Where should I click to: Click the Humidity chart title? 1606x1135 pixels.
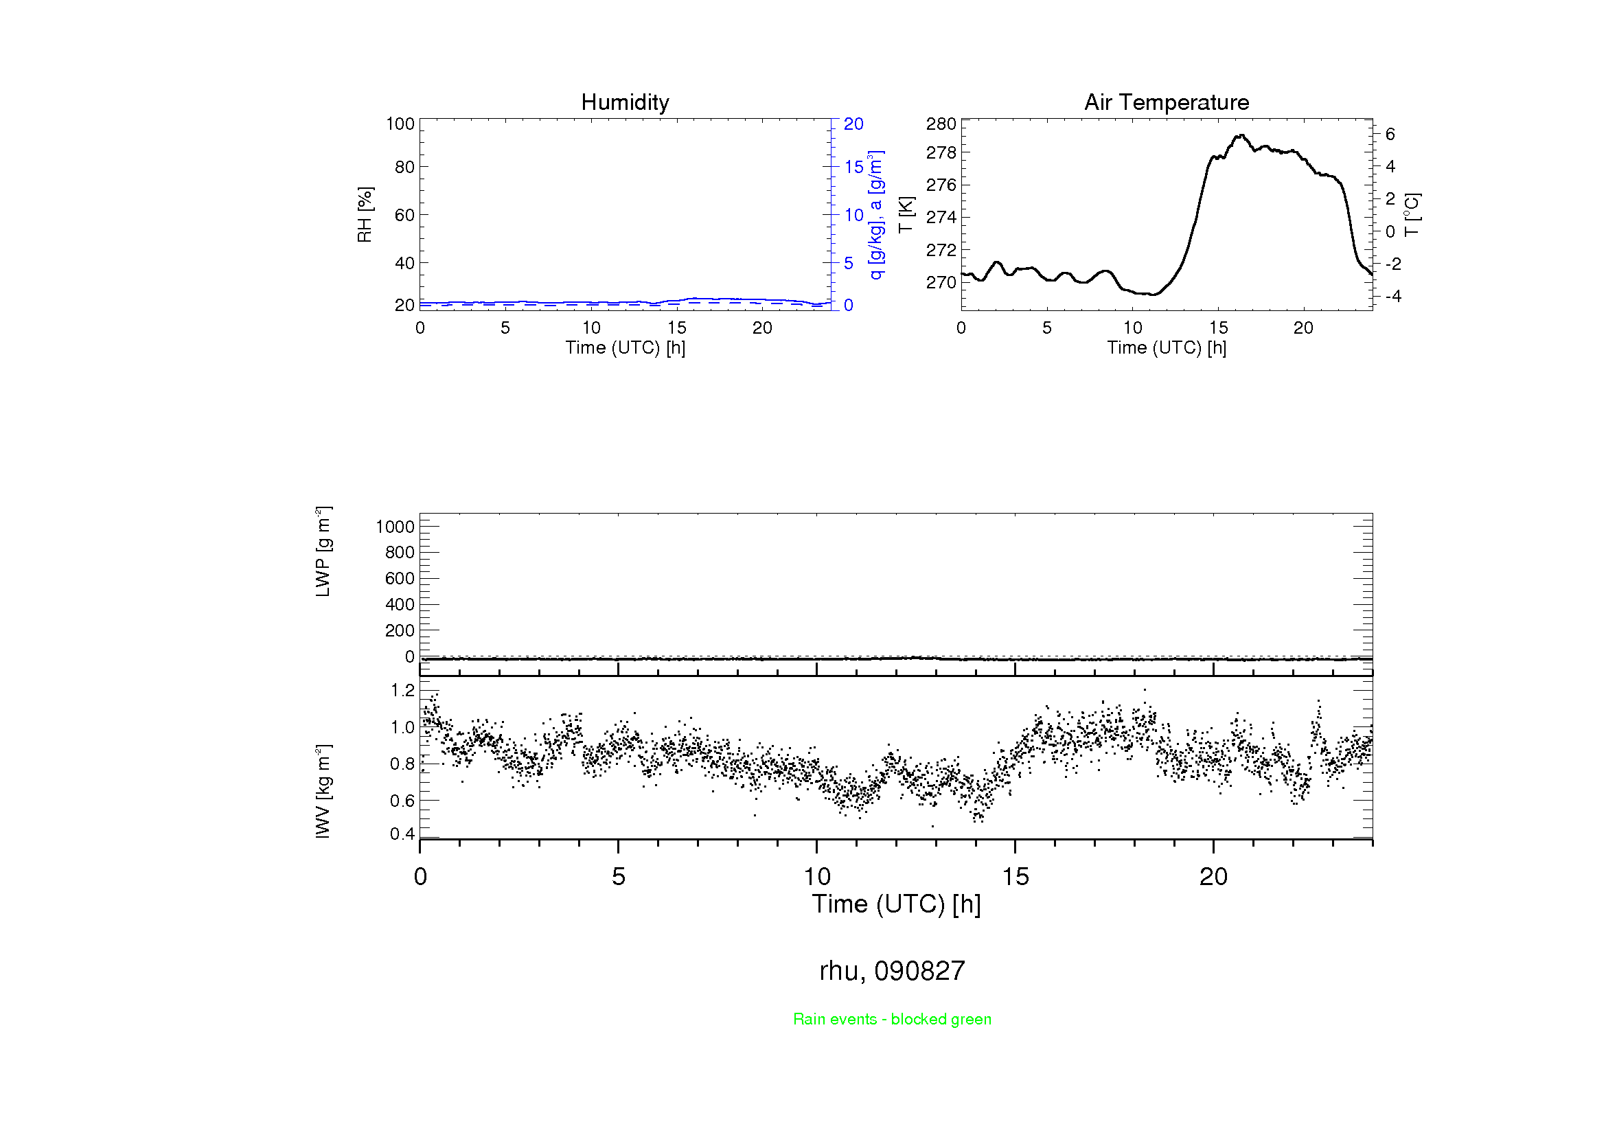tap(625, 102)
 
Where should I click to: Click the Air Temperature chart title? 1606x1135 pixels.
tap(1166, 102)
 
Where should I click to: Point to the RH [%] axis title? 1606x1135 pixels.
tap(365, 215)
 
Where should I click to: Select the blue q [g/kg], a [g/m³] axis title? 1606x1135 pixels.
tap(875, 215)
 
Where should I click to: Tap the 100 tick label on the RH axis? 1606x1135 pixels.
tap(400, 124)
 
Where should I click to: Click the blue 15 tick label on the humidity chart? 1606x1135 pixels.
tap(853, 167)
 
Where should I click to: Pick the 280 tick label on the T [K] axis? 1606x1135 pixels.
tap(941, 124)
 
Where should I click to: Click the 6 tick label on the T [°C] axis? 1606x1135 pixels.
tap(1390, 135)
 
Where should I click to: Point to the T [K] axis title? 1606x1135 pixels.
tap(906, 215)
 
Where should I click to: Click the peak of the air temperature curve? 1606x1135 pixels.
tap(1242, 135)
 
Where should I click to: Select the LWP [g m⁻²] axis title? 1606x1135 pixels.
tap(323, 552)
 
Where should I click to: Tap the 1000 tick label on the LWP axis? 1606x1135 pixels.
tap(395, 527)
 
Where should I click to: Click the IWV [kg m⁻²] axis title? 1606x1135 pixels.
tap(323, 791)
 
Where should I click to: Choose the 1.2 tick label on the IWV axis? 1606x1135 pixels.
tap(402, 691)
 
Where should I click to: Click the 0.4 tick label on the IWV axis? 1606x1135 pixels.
tap(402, 834)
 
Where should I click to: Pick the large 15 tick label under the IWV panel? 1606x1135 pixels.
tap(1015, 877)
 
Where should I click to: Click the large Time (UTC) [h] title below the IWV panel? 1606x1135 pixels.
tap(896, 904)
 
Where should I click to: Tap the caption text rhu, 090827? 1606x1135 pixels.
tap(892, 971)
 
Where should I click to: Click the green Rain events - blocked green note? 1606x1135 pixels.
tap(892, 1019)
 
